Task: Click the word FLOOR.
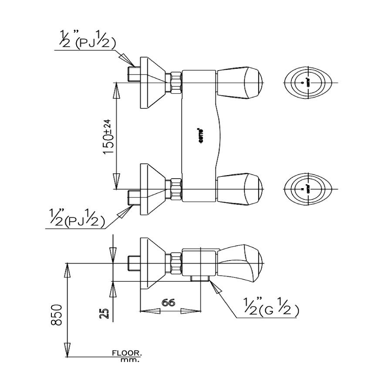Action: tap(127, 354)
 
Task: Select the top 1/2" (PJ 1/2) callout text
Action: tap(90, 43)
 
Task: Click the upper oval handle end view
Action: tap(308, 82)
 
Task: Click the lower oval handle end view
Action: tap(308, 189)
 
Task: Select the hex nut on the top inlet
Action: tap(175, 82)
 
